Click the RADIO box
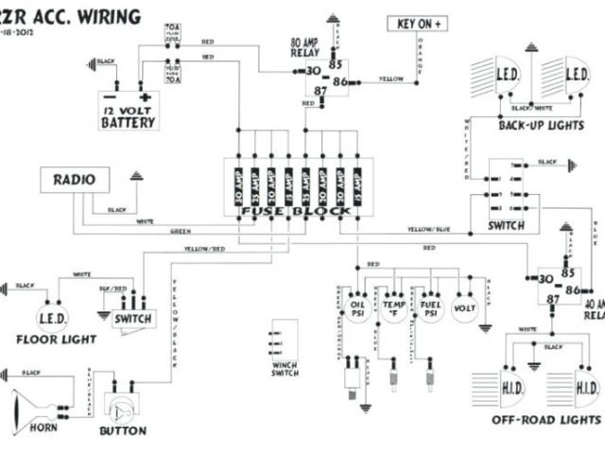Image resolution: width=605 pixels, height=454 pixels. (x=74, y=180)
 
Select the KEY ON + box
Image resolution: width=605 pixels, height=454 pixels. (x=419, y=25)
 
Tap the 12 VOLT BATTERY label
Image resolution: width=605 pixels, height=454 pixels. (x=129, y=116)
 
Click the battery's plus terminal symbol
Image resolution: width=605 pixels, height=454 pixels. (x=145, y=97)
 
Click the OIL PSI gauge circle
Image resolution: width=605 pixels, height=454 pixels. (x=357, y=309)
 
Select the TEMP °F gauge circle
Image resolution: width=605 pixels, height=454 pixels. (x=393, y=309)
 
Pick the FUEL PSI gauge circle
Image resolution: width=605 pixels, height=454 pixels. (x=430, y=309)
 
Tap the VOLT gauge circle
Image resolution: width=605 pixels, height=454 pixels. (x=465, y=309)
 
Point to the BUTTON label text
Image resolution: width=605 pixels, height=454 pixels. (x=123, y=431)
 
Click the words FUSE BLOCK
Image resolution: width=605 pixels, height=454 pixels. (x=295, y=211)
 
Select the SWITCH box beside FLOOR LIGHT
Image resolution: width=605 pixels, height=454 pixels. (x=132, y=318)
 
